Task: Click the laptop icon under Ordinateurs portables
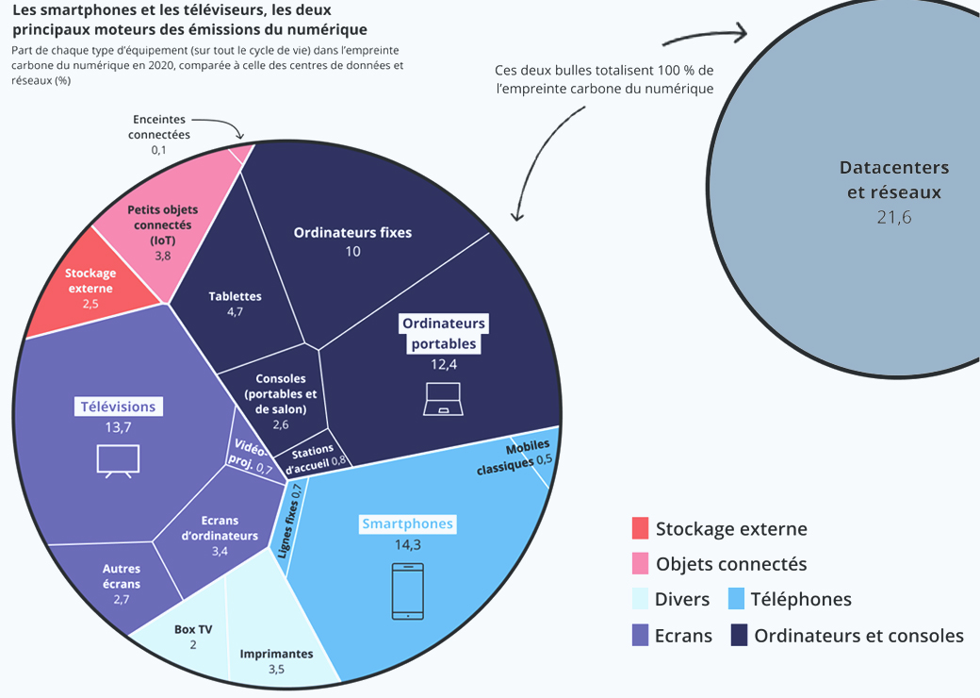pos(442,399)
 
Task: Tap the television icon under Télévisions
pos(118,459)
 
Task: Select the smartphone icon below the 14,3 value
pos(407,591)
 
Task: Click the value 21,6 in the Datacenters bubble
pos(893,216)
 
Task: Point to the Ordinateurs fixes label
pos(352,232)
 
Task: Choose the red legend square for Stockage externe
pos(640,528)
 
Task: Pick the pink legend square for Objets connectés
pos(640,564)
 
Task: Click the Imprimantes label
pos(276,653)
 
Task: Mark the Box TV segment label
pos(192,629)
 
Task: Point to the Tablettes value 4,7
pos(235,312)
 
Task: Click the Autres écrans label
pos(122,576)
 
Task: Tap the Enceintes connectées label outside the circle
pos(159,127)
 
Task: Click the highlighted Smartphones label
pos(407,523)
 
